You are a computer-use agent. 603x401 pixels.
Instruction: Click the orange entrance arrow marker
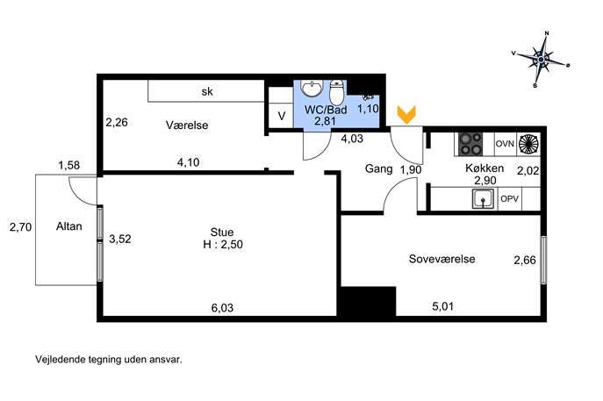tap(406, 115)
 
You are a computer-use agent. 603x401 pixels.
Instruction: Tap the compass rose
tap(541, 60)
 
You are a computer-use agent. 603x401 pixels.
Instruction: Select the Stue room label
tap(222, 233)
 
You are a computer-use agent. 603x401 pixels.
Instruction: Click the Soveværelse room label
tap(441, 259)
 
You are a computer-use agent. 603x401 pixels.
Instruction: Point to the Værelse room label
tap(187, 125)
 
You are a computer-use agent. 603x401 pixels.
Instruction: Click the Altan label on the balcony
tap(68, 226)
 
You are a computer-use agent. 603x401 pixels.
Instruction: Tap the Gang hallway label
tap(379, 168)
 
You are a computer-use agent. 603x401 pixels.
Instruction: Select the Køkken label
tap(485, 168)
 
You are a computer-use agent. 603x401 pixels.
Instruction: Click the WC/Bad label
tap(326, 110)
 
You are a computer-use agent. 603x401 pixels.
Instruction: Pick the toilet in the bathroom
tap(337, 92)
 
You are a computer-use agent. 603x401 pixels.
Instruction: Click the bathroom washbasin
tap(312, 88)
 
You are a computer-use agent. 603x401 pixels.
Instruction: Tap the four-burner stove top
tap(470, 144)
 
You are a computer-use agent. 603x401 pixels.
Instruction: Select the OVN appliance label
tap(505, 144)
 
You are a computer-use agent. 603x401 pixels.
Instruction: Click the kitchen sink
tap(484, 199)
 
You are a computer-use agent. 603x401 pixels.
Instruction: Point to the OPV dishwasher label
tap(510, 199)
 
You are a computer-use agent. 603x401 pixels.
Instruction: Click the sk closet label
tap(207, 91)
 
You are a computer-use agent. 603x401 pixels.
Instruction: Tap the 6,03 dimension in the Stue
tap(222, 308)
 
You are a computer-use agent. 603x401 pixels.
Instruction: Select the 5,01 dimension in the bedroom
tap(443, 306)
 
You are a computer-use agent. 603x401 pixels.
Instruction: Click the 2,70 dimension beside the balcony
tap(20, 227)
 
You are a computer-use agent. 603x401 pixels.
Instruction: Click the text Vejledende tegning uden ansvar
tap(109, 360)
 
